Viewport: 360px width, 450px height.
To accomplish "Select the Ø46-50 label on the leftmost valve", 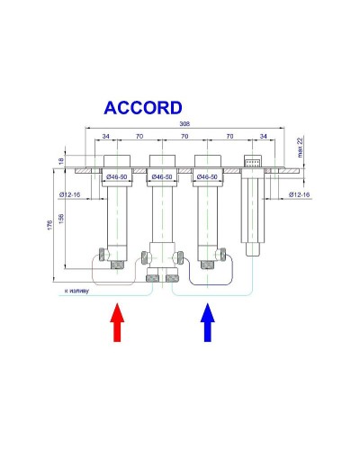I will tap(118, 177).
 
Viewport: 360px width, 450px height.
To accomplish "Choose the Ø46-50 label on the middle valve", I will tap(163, 177).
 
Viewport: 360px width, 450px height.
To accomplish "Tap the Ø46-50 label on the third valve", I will tap(208, 177).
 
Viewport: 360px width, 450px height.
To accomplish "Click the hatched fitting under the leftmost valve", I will tap(118, 264).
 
